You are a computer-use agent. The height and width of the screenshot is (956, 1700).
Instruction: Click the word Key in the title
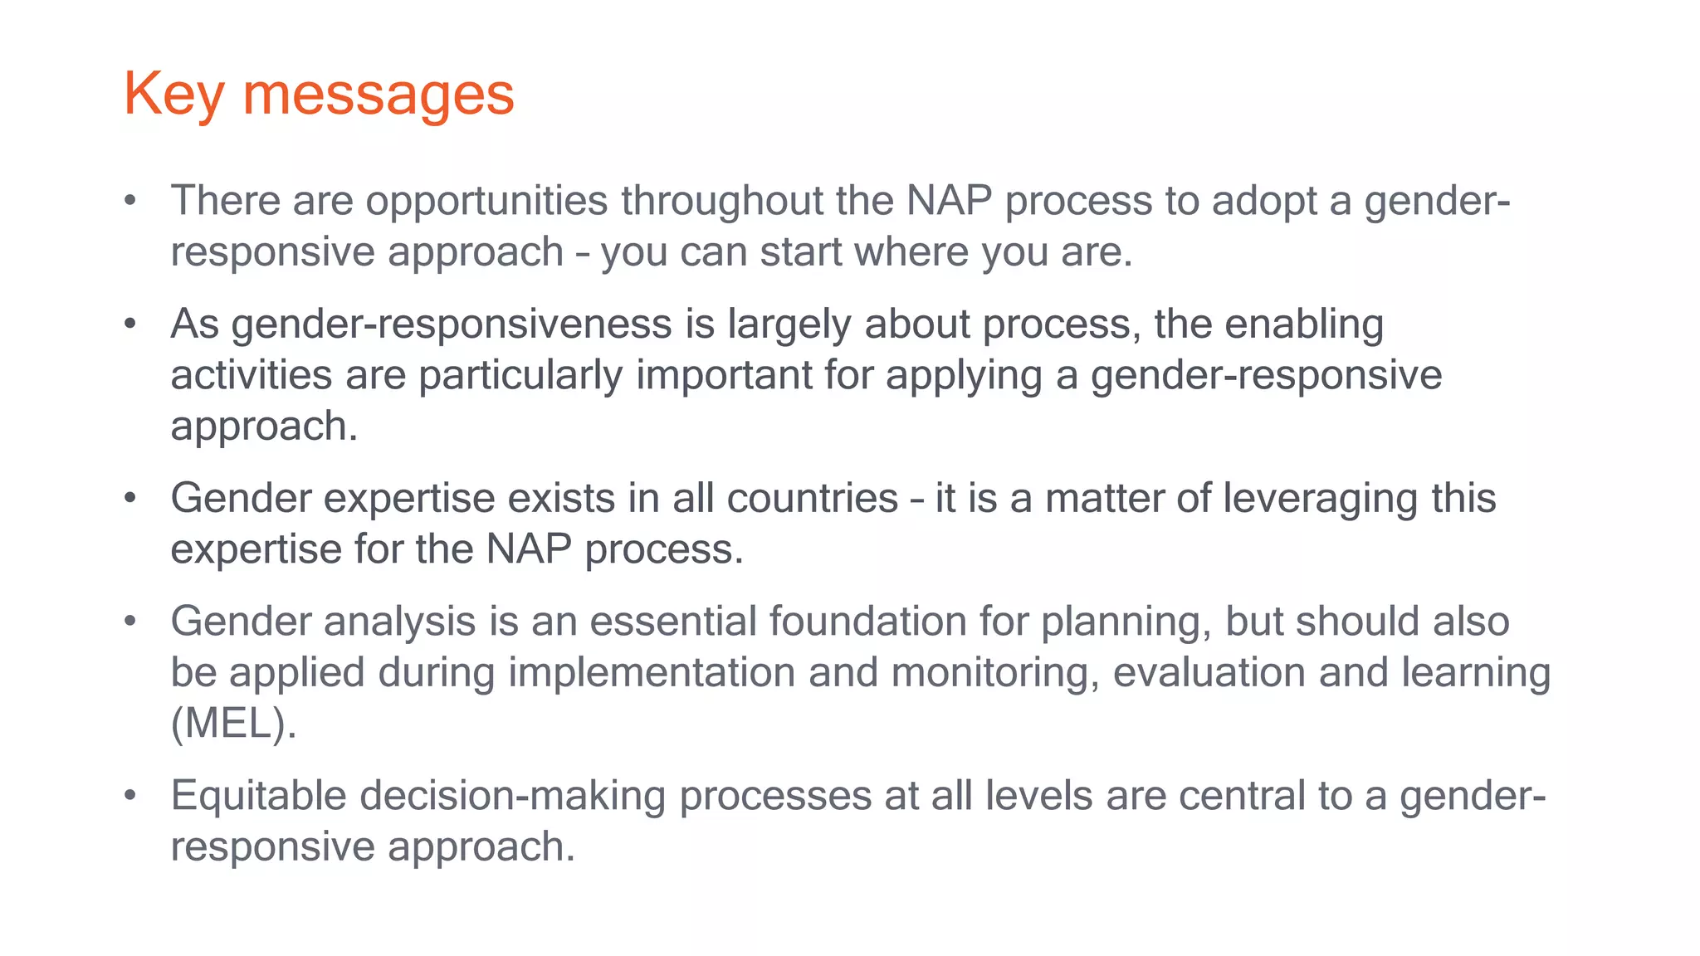tap(173, 95)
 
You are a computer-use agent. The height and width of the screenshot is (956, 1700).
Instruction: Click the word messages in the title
tap(378, 95)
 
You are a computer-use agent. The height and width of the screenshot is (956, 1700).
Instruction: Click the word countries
tap(812, 499)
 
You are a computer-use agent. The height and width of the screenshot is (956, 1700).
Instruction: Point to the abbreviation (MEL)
tap(232, 724)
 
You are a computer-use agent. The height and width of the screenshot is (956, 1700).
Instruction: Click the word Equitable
tap(258, 796)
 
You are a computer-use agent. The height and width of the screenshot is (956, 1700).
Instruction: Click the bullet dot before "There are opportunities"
tap(129, 202)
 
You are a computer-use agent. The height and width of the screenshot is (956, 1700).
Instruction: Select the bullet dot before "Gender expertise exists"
tap(129, 499)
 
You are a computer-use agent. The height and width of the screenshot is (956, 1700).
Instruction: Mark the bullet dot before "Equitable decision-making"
tap(129, 796)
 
